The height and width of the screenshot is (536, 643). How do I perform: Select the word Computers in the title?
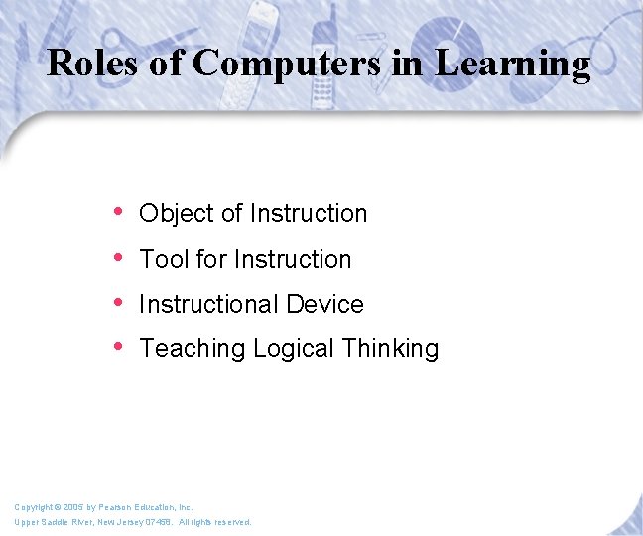tap(287, 64)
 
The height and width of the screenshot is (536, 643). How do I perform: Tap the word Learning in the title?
tap(513, 64)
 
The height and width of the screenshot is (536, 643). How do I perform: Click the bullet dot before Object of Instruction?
tap(119, 212)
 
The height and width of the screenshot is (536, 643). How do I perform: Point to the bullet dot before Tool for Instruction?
tap(119, 258)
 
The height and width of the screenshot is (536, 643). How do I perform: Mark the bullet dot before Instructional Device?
tap(119, 303)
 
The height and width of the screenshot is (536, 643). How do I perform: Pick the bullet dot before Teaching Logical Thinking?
tap(119, 347)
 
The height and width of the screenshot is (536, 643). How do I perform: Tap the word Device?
tap(325, 304)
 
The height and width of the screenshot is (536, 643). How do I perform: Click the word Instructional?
tap(209, 304)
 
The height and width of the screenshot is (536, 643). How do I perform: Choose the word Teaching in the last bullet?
tap(193, 349)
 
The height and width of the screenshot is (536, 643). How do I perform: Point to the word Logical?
tap(294, 349)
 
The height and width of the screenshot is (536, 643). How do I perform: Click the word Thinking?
tap(390, 349)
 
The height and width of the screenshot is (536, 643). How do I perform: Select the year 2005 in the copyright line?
tap(70, 507)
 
